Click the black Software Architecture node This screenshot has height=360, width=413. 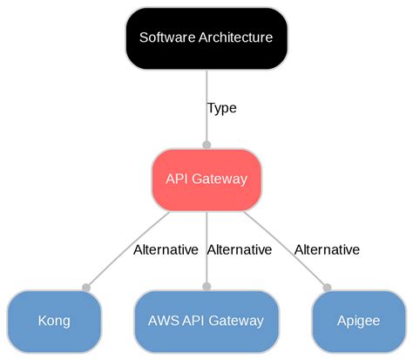click(x=206, y=37)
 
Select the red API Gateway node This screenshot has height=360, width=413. click(x=206, y=179)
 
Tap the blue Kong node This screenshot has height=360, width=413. click(x=54, y=320)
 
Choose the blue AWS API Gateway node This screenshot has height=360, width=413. click(x=206, y=320)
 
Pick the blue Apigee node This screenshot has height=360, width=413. click(x=358, y=320)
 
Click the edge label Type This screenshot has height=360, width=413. click(x=221, y=108)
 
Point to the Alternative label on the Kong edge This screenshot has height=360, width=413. click(x=166, y=249)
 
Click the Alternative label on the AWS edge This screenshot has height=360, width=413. click(x=240, y=249)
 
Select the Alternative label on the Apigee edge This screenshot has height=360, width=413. click(x=327, y=249)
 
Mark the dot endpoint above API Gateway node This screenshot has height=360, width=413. click(x=206, y=145)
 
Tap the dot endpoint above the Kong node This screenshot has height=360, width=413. click(x=85, y=287)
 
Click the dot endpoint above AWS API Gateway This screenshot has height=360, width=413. click(x=206, y=286)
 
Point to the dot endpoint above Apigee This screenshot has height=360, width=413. click(x=328, y=287)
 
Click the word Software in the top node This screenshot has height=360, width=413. click(x=166, y=37)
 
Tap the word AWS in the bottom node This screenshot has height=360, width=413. click(x=164, y=320)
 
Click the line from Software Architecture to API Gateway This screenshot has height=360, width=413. click(x=206, y=87)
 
